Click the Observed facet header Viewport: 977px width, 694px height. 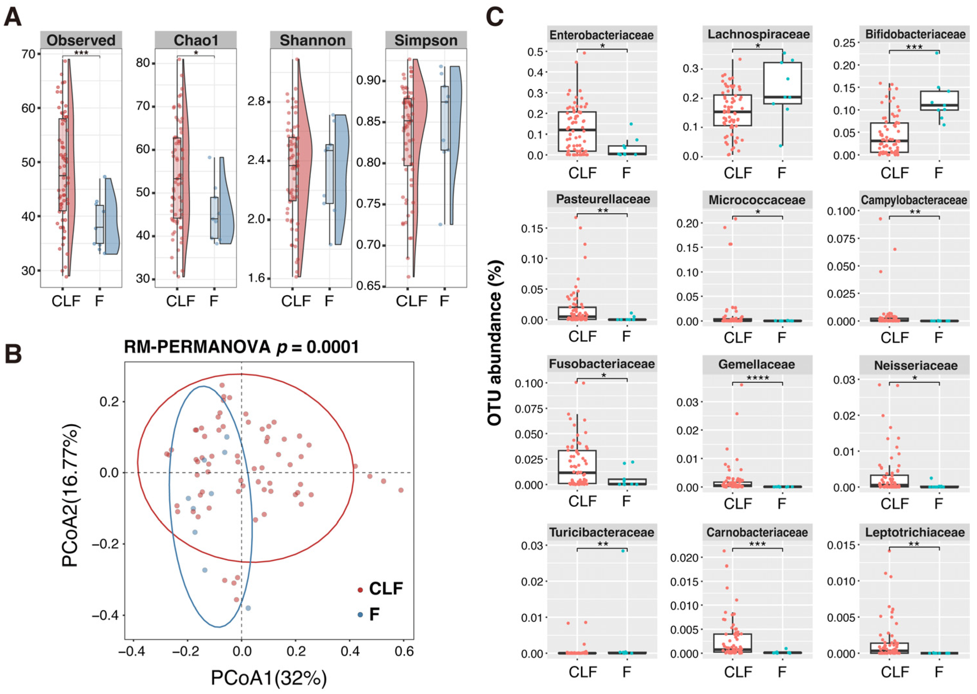(81, 40)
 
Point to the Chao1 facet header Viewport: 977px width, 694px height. (196, 40)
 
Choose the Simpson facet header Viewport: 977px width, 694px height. (426, 40)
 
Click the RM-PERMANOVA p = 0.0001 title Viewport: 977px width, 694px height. (241, 347)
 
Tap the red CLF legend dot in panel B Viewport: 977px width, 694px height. (360, 590)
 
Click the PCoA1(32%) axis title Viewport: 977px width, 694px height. (269, 678)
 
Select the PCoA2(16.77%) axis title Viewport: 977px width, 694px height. (70, 495)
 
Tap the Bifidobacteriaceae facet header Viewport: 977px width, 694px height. (915, 34)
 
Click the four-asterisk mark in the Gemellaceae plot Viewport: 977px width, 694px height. (757, 378)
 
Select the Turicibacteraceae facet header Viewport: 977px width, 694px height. (602, 532)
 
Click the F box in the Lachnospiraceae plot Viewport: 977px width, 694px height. (782, 83)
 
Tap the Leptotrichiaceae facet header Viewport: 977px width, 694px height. (915, 532)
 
